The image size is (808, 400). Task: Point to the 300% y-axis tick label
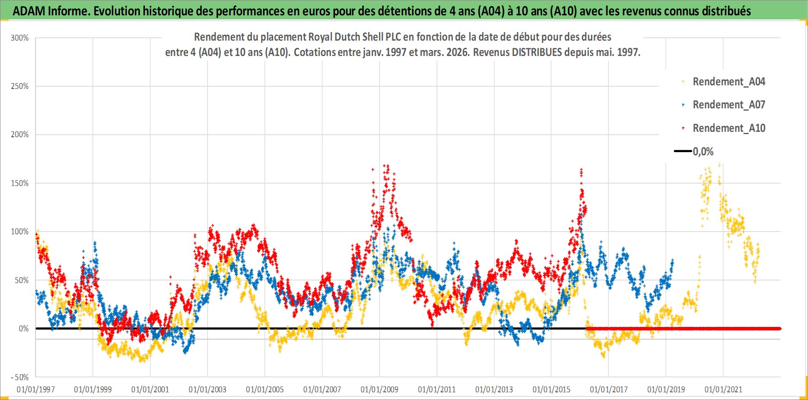click(x=20, y=38)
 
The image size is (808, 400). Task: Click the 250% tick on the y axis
click(x=20, y=86)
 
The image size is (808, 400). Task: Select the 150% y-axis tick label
click(x=20, y=183)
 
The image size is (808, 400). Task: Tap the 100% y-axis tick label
click(x=20, y=232)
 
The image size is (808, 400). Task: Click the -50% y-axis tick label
click(x=20, y=377)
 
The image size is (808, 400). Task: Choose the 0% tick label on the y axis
click(x=23, y=329)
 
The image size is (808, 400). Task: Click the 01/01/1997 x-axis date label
click(x=36, y=389)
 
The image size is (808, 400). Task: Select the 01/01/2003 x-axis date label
click(x=208, y=389)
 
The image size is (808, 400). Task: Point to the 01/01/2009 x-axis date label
click(x=380, y=389)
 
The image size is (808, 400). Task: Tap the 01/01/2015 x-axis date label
click(x=552, y=389)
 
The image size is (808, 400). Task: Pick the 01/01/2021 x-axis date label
click(x=723, y=389)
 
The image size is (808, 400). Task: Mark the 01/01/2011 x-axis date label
click(x=437, y=389)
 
